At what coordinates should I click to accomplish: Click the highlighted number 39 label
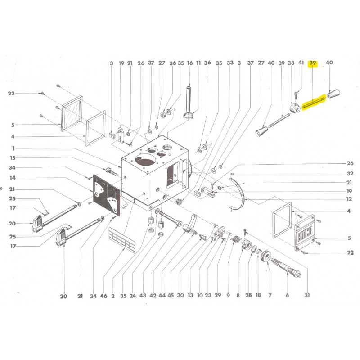click(x=312, y=63)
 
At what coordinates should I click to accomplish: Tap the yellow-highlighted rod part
click(x=314, y=103)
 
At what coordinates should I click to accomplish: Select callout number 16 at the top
click(x=190, y=63)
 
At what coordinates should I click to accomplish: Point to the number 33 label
click(x=230, y=63)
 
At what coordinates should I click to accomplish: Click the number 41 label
click(x=301, y=63)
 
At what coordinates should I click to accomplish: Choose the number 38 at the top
click(x=291, y=63)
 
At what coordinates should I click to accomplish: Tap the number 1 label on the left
click(x=13, y=148)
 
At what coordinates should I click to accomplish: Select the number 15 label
click(x=13, y=158)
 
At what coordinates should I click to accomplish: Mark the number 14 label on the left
click(x=13, y=178)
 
